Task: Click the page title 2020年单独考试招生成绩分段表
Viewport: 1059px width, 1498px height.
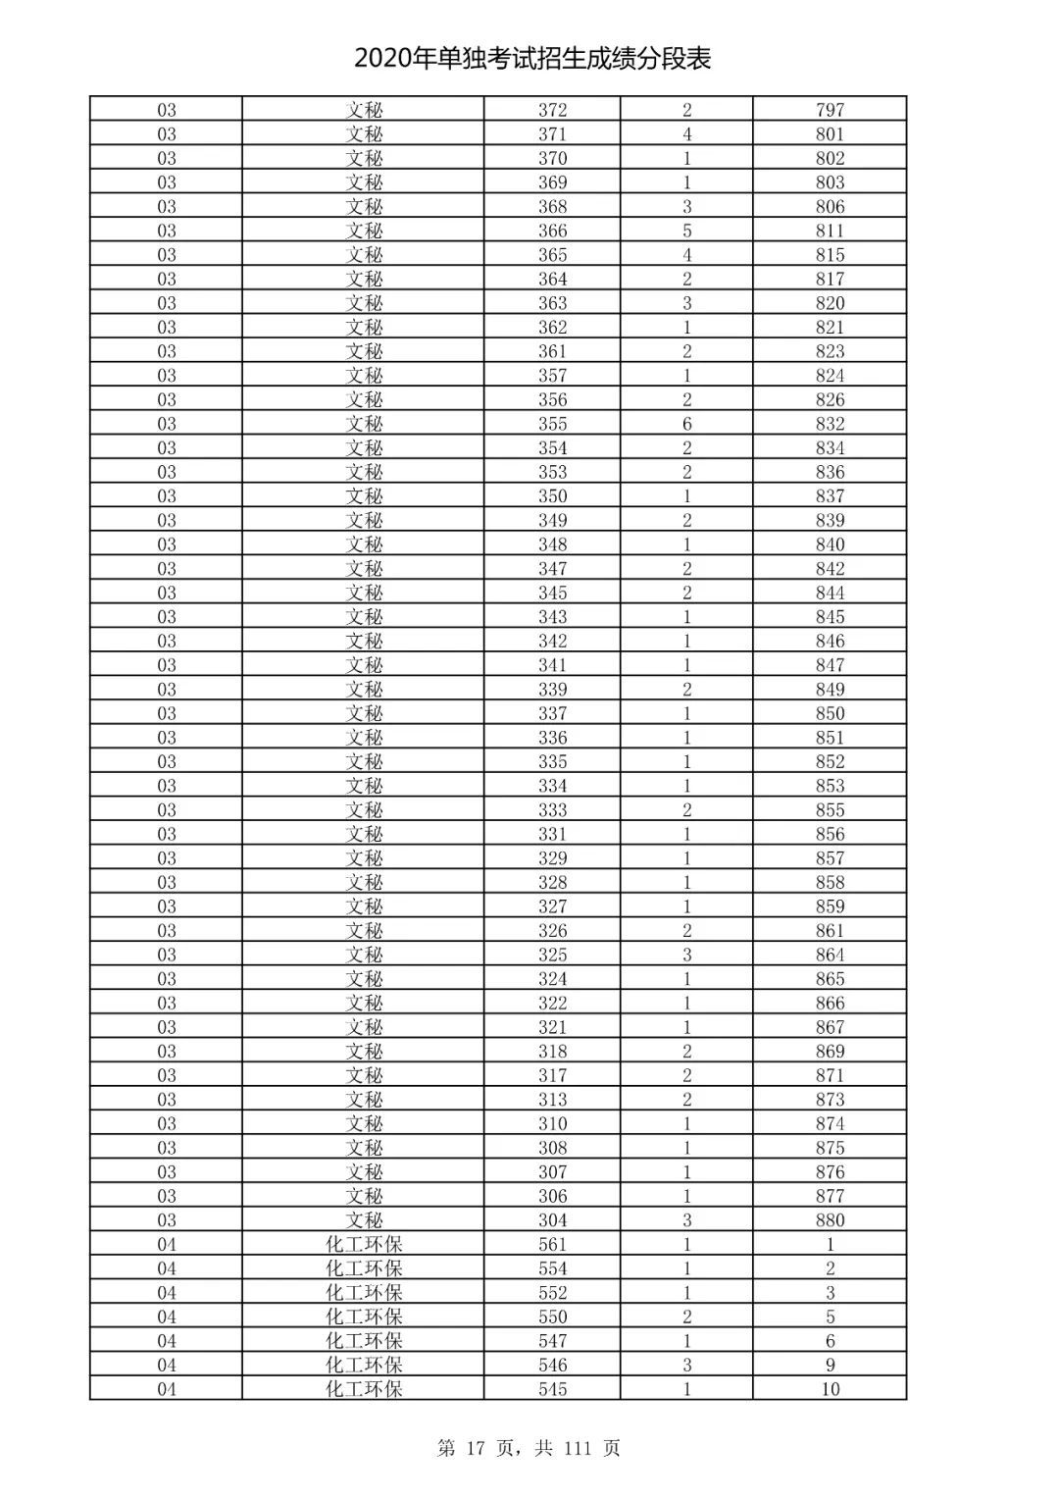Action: pos(532,59)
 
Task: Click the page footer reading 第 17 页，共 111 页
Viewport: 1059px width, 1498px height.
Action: pos(529,1448)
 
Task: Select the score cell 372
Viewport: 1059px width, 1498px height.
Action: pos(552,110)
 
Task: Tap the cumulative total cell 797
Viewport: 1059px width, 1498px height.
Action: pos(830,110)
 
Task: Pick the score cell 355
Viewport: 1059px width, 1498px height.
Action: pos(552,424)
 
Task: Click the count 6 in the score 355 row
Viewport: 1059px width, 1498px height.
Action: pos(686,424)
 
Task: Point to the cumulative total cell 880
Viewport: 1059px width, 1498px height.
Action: pos(830,1220)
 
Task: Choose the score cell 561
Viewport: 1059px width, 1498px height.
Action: pos(552,1244)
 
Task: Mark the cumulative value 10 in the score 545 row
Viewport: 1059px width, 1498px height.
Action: pos(830,1389)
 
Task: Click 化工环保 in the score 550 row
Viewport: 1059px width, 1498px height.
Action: pos(364,1317)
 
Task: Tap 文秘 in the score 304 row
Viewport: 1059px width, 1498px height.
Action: pos(364,1220)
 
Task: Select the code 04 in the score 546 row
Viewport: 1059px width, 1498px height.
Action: pos(167,1365)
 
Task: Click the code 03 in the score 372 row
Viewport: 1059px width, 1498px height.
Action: pos(167,110)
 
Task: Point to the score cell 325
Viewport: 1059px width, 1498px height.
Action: pos(552,955)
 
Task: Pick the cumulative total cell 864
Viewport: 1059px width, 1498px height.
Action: pos(830,955)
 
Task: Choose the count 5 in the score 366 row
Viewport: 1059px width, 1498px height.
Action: pos(686,231)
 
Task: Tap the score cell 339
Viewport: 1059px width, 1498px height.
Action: pos(552,689)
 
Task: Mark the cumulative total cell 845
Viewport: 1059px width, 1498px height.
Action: pos(830,617)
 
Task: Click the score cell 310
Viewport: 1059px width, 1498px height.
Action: pos(552,1123)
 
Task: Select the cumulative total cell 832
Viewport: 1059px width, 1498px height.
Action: pos(830,424)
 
